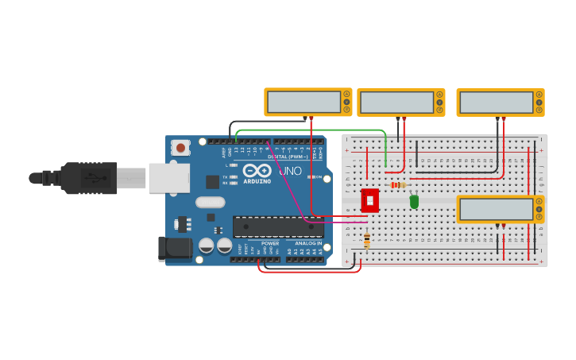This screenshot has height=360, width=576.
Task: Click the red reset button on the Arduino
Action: pos(181,147)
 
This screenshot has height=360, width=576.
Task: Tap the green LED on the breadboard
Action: pos(414,201)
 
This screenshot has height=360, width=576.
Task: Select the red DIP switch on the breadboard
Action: pos(369,200)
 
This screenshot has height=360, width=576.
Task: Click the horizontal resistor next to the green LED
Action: pos(397,185)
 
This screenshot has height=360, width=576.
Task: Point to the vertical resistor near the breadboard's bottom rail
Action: pos(366,240)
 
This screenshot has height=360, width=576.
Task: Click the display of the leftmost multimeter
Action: pos(303,102)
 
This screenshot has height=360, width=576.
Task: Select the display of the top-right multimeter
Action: pos(496,103)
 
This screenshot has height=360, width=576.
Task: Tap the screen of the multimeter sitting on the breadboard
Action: pos(496,209)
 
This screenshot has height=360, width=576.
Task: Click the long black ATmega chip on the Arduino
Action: pos(277,226)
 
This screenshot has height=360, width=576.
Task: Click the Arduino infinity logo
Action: pos(257,170)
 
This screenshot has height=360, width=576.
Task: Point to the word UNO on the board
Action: pos(290,170)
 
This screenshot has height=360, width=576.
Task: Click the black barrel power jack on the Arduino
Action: pos(175,249)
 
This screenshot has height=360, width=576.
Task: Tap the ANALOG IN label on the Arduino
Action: pos(308,243)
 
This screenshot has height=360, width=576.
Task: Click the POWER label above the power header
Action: pos(270,243)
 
